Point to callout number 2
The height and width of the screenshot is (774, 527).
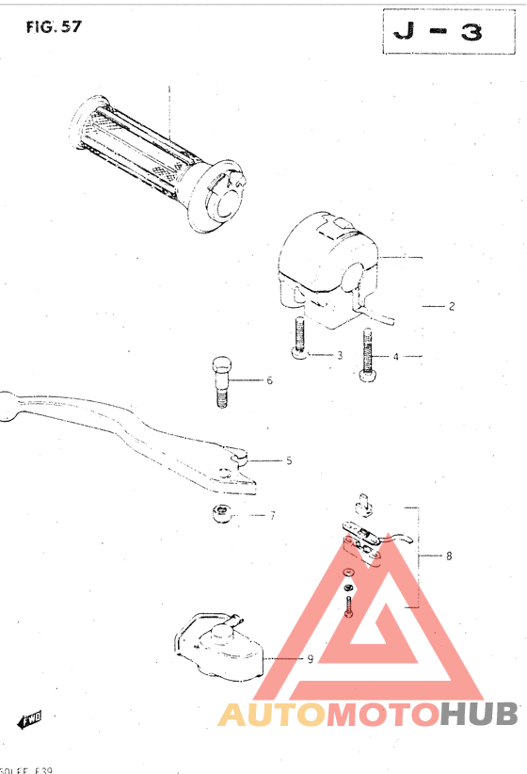[x=452, y=306]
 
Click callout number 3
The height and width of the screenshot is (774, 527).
[x=340, y=356]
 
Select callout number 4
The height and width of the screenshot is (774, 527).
[x=396, y=356]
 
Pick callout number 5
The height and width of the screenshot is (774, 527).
[x=289, y=460]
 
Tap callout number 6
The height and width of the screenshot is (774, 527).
[x=269, y=380]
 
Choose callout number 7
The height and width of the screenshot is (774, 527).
[x=272, y=515]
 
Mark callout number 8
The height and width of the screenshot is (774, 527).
[x=449, y=556]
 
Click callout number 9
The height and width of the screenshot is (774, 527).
[x=310, y=658]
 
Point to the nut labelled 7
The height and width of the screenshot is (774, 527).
[x=222, y=514]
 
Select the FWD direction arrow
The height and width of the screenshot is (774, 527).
[x=30, y=720]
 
